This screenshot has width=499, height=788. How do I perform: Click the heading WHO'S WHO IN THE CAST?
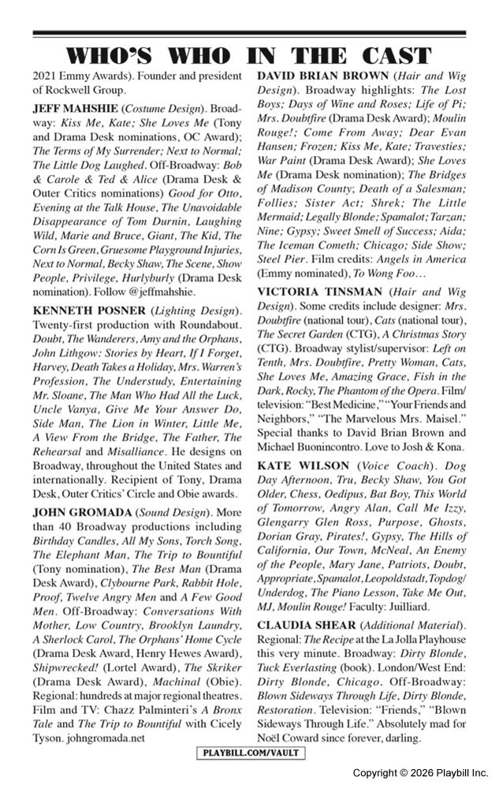[x=249, y=56]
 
